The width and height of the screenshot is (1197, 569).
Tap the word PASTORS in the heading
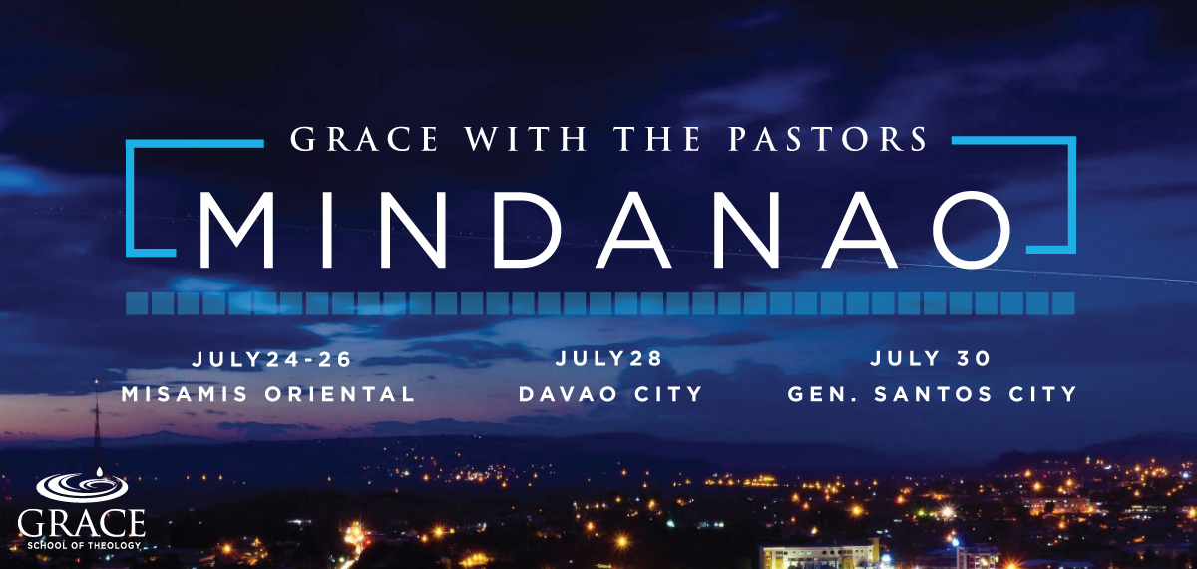tap(828, 139)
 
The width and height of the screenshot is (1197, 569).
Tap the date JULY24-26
tap(271, 359)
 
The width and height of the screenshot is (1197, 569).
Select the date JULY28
tap(609, 358)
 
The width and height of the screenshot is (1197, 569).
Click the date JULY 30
tap(931, 358)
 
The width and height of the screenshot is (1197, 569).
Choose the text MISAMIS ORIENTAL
tap(268, 394)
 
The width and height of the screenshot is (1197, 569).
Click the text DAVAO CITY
tap(610, 394)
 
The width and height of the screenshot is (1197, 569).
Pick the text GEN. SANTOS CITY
tap(932, 394)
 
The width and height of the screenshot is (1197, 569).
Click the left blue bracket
tap(129, 198)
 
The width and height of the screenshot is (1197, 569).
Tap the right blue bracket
tap(1072, 195)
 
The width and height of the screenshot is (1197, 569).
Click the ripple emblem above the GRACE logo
tap(82, 485)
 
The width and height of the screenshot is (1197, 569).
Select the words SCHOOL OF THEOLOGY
tap(84, 545)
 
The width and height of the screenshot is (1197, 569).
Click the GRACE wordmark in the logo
tap(81, 523)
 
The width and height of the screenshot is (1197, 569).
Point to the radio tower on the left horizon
tap(97, 428)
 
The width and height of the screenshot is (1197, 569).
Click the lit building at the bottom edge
tap(820, 556)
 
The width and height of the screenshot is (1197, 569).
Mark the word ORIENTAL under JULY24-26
tap(340, 394)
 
